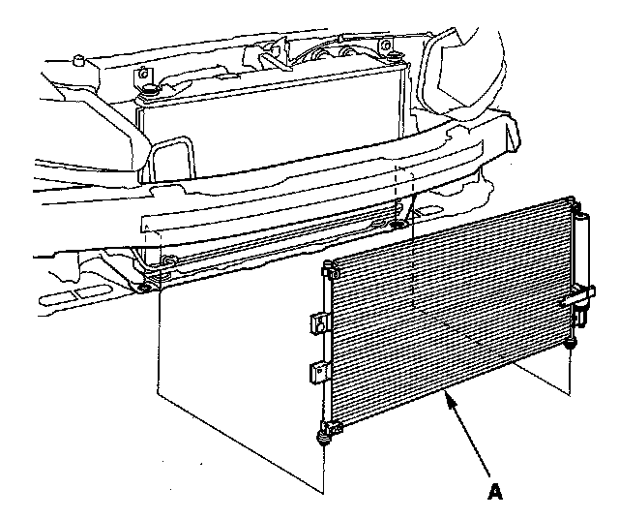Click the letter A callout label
[x=495, y=492]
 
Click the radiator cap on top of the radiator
[x=150, y=92]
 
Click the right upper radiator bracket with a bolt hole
[x=384, y=46]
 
